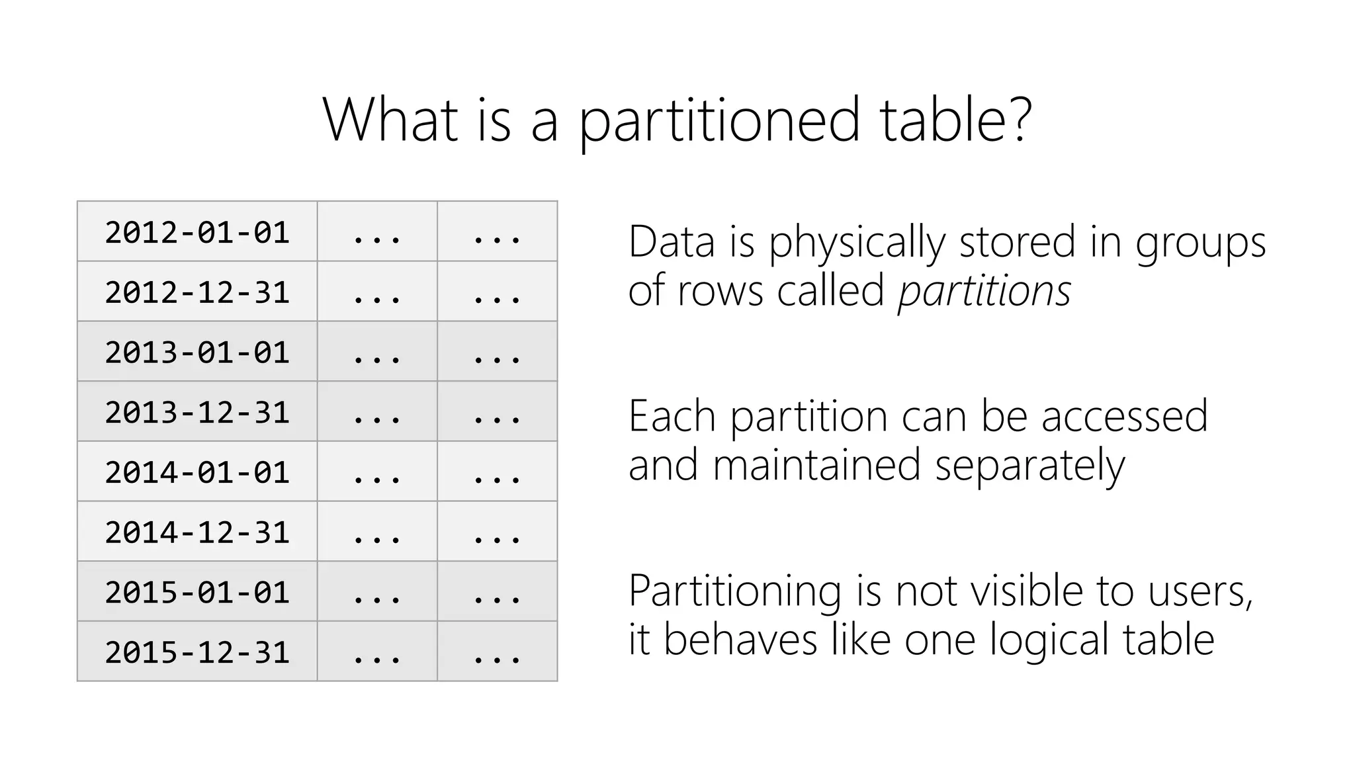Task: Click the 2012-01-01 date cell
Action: click(x=197, y=232)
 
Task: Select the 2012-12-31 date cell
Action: click(x=197, y=292)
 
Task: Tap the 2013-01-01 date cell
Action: click(x=197, y=352)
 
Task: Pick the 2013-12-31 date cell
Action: click(x=197, y=412)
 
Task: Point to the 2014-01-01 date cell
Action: click(x=197, y=472)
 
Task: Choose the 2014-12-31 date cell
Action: click(x=197, y=532)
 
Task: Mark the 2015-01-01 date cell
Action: click(x=197, y=592)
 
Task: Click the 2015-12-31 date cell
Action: click(x=197, y=652)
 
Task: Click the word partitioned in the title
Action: click(x=719, y=122)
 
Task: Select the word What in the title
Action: click(x=390, y=119)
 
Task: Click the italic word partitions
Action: click(x=984, y=291)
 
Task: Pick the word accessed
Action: click(x=1125, y=417)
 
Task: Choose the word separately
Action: click(x=1029, y=466)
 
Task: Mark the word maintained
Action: click(x=816, y=465)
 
